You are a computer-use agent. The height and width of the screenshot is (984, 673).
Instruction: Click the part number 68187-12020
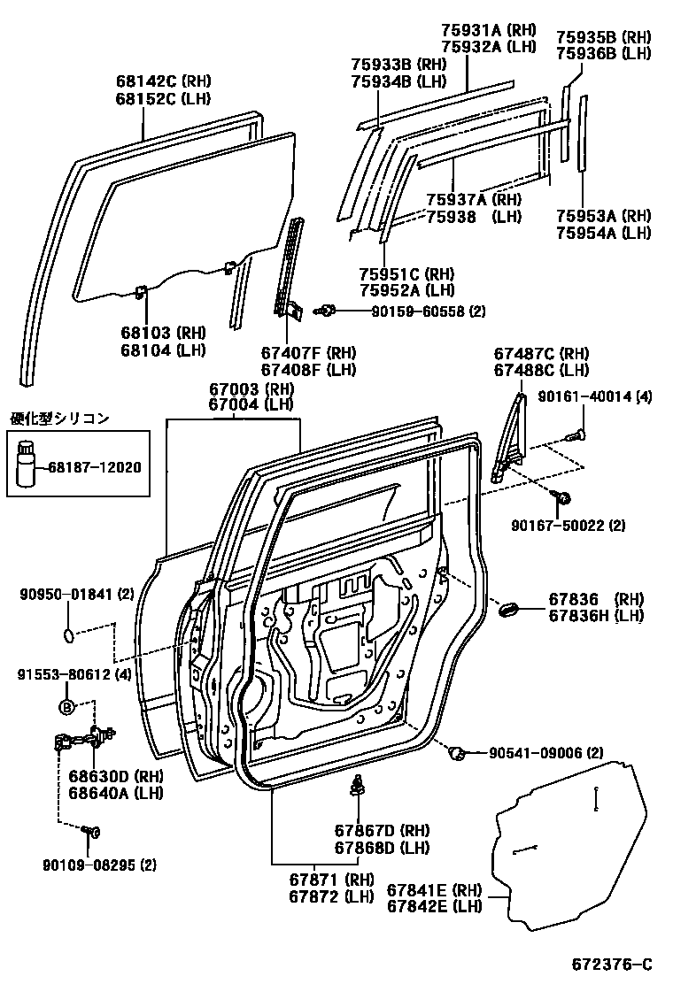100,466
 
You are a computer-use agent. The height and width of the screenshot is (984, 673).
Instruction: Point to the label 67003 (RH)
238,388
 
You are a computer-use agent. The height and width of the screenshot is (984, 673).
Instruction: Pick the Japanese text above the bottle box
59,419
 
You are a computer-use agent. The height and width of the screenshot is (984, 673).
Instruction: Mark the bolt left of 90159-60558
326,310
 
